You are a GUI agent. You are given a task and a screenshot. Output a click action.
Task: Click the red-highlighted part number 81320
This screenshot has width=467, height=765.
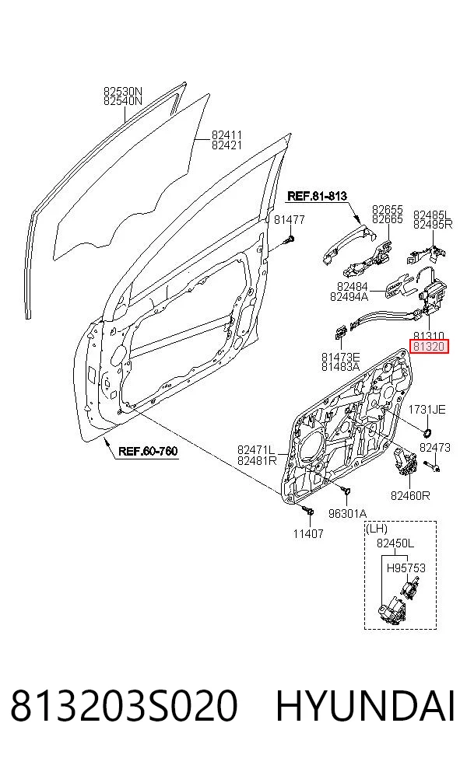click(x=428, y=347)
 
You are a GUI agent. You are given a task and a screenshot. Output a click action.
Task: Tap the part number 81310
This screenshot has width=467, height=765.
click(x=428, y=336)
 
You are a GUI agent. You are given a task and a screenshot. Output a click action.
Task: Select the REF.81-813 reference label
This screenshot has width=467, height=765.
click(x=317, y=196)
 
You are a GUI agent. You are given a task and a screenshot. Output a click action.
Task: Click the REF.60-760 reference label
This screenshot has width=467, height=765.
click(x=148, y=451)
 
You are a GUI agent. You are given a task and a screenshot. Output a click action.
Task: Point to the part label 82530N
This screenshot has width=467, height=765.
click(x=123, y=91)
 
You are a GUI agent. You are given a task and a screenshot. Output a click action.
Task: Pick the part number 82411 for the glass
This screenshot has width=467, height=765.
click(x=226, y=134)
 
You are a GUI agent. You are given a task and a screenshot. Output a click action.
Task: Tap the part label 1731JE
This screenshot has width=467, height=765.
click(x=427, y=410)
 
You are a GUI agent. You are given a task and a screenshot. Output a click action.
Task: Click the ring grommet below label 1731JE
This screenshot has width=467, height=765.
click(x=427, y=431)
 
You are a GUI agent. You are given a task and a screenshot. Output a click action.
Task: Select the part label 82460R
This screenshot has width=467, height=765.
click(x=410, y=496)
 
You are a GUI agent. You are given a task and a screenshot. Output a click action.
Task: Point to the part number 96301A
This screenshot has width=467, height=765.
click(x=347, y=513)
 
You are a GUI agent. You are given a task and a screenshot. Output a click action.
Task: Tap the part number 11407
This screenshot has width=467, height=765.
click(x=308, y=534)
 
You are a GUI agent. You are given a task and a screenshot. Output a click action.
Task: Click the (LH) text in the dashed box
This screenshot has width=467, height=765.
click(x=377, y=529)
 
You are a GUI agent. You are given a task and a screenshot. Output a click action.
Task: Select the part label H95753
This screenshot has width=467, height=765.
click(x=406, y=568)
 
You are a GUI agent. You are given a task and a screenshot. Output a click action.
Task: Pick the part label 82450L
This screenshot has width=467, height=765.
click(x=395, y=543)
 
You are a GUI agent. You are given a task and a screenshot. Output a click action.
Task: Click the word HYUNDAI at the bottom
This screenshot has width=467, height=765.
click(x=365, y=705)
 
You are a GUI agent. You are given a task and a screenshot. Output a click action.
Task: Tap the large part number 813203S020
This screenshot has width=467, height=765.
click(x=124, y=705)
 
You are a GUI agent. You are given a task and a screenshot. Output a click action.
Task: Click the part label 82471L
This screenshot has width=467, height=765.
click(x=256, y=449)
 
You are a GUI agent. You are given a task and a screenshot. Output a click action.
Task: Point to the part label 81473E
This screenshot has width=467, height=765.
click(x=340, y=358)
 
